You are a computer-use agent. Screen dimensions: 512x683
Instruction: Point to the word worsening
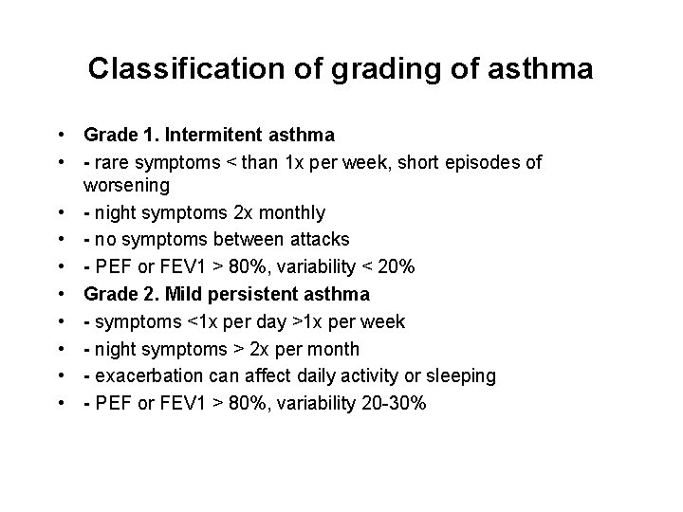pyautogui.click(x=126, y=184)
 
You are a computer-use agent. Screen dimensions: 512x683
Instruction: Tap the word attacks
pyautogui.click(x=318, y=239)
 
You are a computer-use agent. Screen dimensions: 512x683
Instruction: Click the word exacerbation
pyautogui.click(x=142, y=376)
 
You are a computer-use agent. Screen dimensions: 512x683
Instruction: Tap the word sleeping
pyautogui.click(x=460, y=376)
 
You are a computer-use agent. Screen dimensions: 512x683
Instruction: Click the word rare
pyautogui.click(x=108, y=163)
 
